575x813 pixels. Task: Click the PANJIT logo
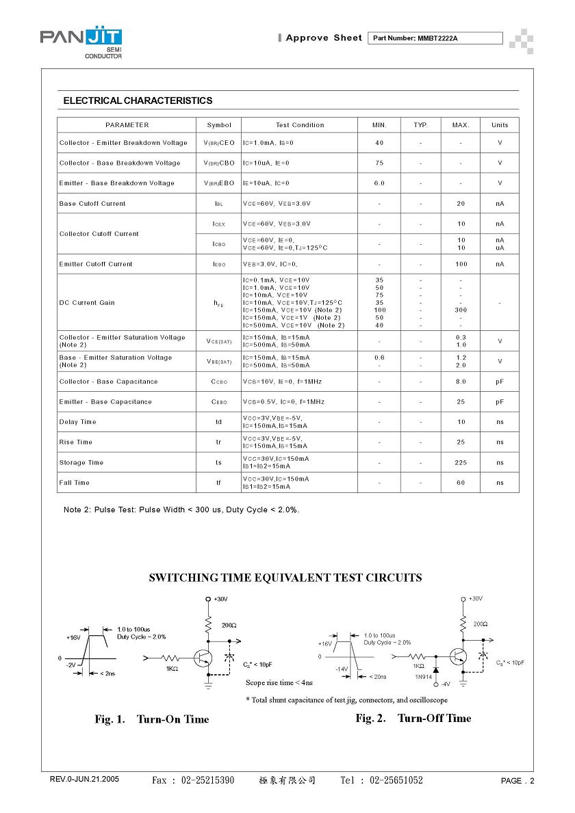pyautogui.click(x=81, y=42)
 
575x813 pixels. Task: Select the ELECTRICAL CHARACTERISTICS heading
pyautogui.click(x=138, y=101)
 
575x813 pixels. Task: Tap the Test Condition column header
pyautogui.click(x=300, y=125)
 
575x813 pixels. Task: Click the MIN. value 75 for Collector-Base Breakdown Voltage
pyautogui.click(x=379, y=163)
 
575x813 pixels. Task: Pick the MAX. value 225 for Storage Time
pyautogui.click(x=461, y=462)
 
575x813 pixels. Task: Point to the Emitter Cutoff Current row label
pyautogui.click(x=96, y=264)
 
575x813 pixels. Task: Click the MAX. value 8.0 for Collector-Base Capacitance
pyautogui.click(x=461, y=382)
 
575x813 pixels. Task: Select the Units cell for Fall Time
pyautogui.click(x=500, y=483)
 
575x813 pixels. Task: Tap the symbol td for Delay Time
pyautogui.click(x=219, y=422)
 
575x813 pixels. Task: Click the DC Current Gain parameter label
pyautogui.click(x=87, y=303)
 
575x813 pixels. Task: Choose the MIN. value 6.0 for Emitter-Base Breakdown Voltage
pyautogui.click(x=379, y=183)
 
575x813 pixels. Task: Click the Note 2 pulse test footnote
pyautogui.click(x=181, y=509)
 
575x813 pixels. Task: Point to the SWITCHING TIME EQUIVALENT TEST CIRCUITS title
pyautogui.click(x=285, y=578)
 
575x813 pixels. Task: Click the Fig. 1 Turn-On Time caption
pyautogui.click(x=152, y=719)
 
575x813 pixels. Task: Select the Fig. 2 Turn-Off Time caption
pyautogui.click(x=413, y=718)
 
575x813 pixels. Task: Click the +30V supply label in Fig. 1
pyautogui.click(x=220, y=599)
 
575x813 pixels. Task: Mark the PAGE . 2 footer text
pyautogui.click(x=517, y=781)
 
